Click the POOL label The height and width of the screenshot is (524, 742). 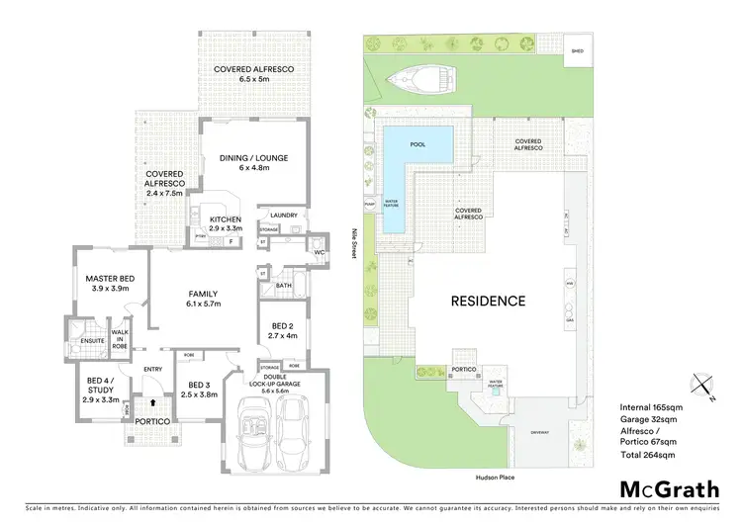click(x=417, y=144)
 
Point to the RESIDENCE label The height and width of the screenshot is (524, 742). click(x=489, y=301)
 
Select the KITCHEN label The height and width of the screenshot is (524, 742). click(x=227, y=220)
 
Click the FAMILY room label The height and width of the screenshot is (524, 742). click(x=204, y=294)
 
